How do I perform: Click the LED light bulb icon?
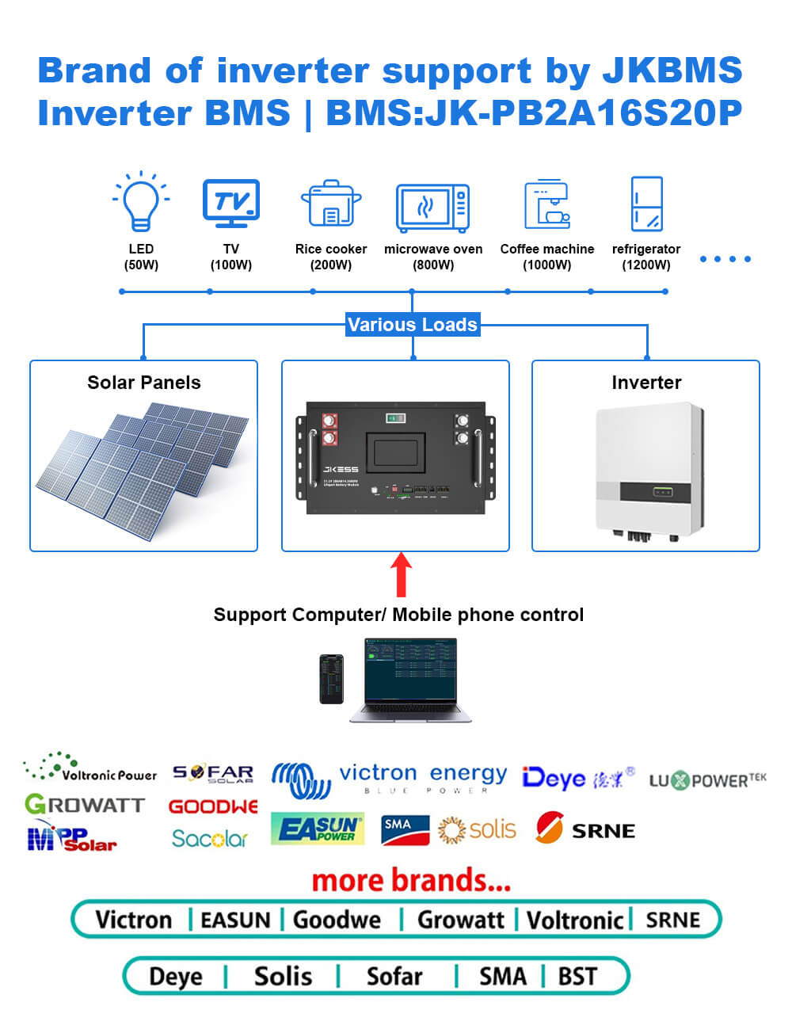point(141,201)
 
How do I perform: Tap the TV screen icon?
point(230,203)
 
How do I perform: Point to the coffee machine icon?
point(547,204)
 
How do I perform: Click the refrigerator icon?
point(646,204)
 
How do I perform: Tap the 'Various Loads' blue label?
point(412,324)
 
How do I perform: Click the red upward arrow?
point(402,574)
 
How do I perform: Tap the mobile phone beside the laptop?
point(331,679)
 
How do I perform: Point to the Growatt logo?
point(85,805)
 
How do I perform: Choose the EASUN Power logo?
point(317,829)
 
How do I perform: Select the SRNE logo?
point(585,829)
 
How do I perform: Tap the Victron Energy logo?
point(389,778)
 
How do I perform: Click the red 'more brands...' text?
point(411,880)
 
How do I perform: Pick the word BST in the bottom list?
point(577,976)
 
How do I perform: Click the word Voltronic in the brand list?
point(575,920)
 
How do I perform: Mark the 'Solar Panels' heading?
point(144,383)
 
